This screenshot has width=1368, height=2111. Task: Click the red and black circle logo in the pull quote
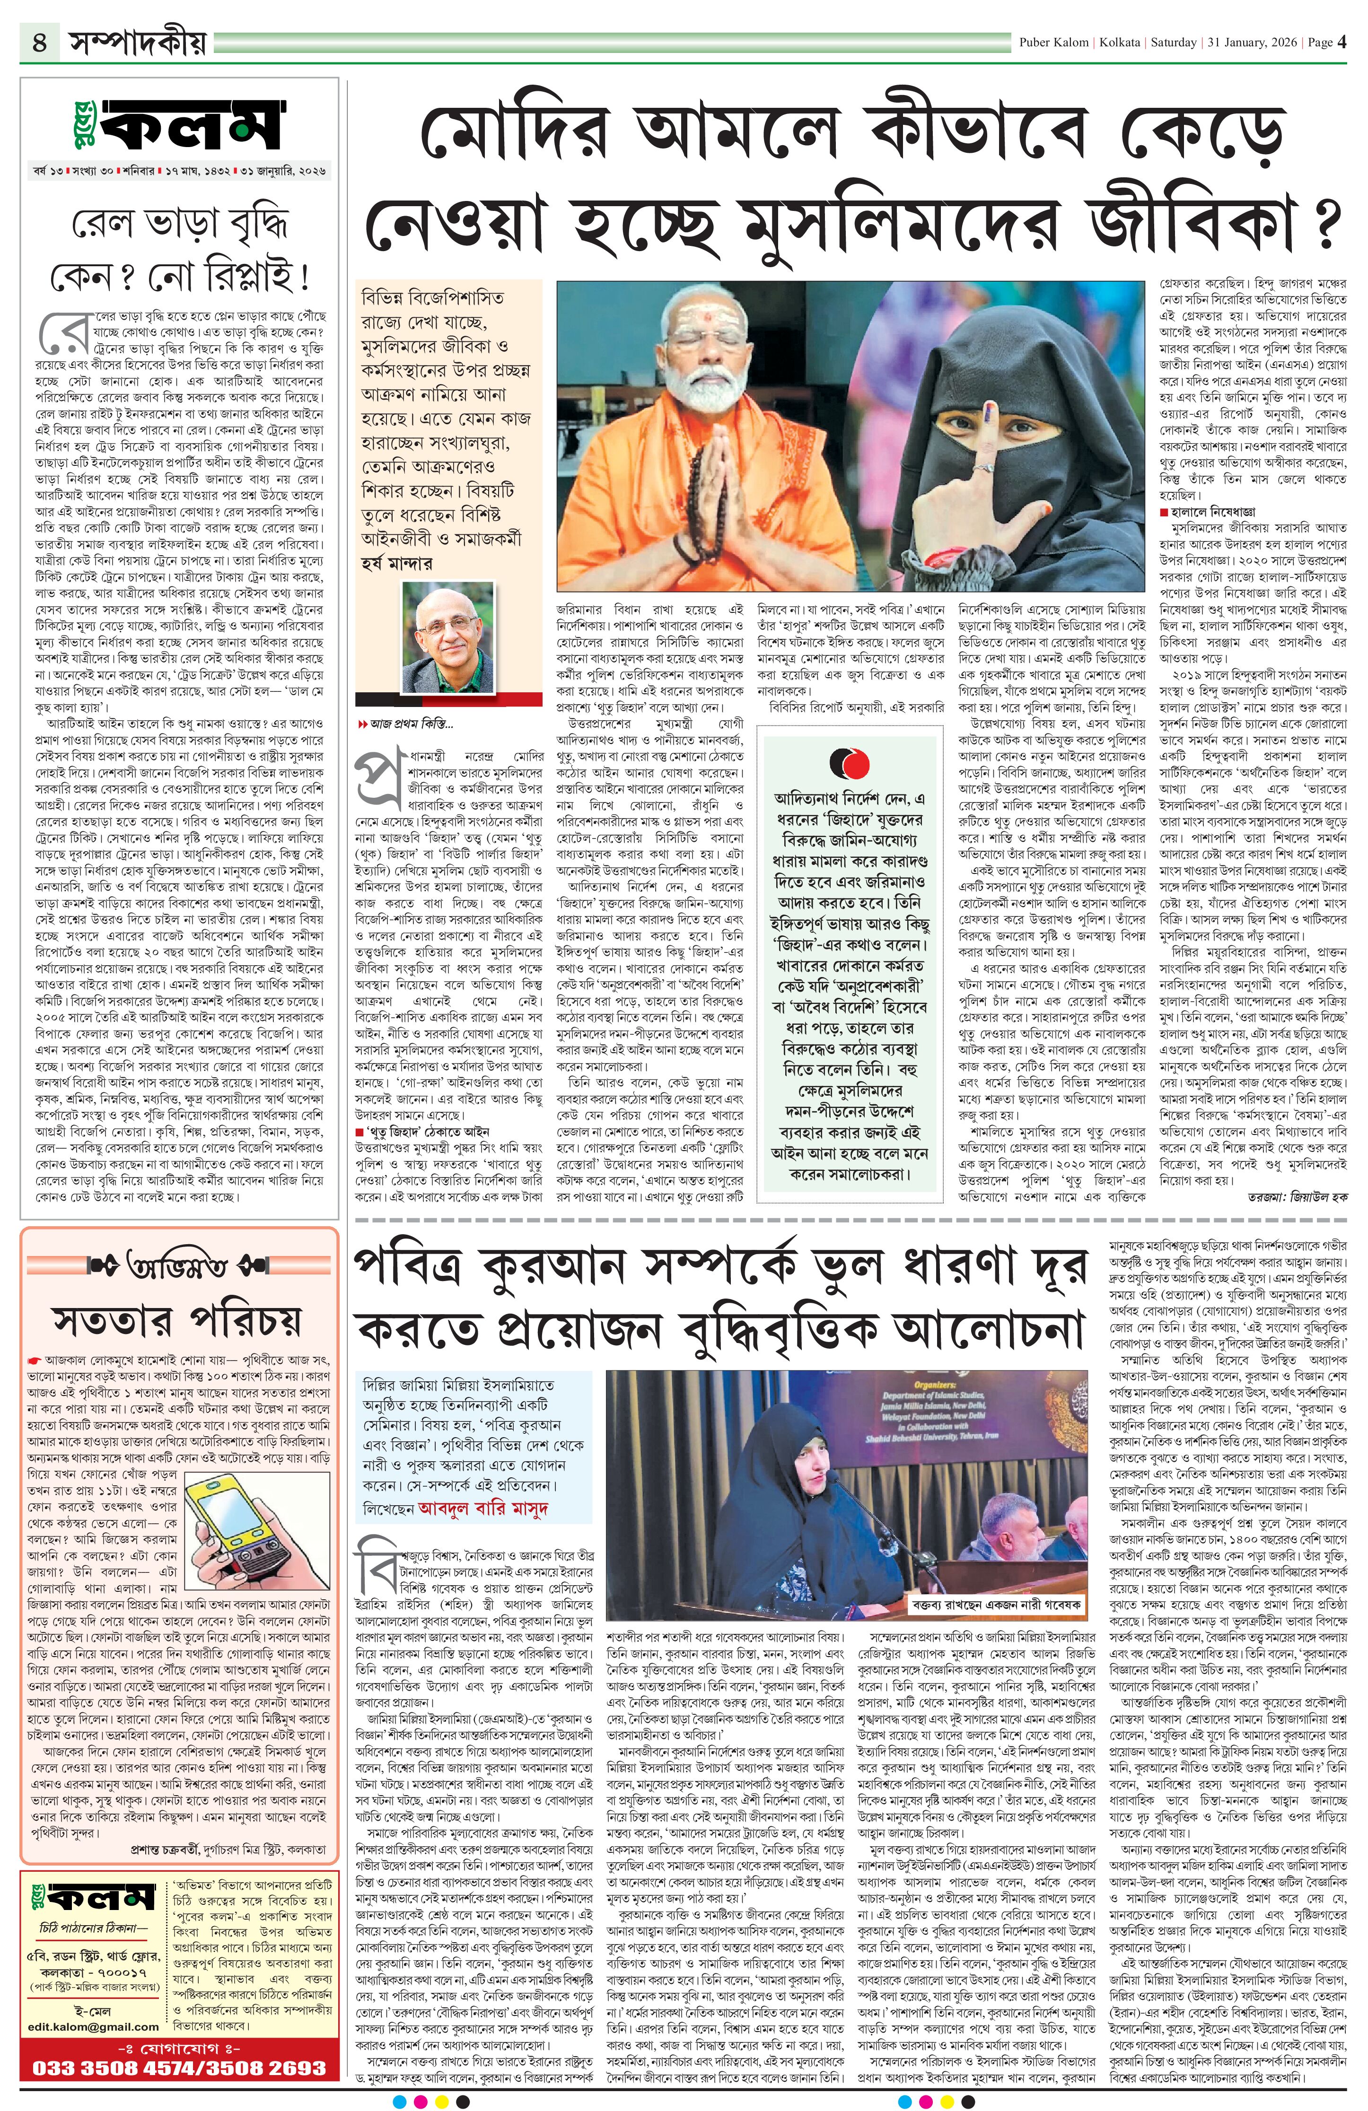[849, 763]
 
